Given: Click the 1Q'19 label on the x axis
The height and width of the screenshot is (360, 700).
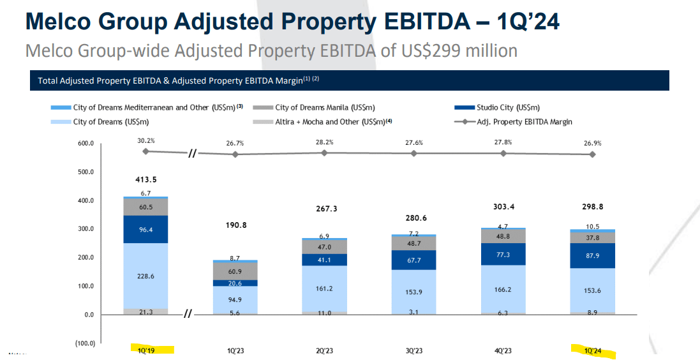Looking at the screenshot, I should [146, 350].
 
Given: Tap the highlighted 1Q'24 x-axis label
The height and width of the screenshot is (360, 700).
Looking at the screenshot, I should [592, 350].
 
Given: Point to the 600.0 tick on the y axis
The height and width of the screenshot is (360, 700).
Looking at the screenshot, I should [86, 144].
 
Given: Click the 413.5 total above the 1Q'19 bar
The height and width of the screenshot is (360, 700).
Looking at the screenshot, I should [146, 179].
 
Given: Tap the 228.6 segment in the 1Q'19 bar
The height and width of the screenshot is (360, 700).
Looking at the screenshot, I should [146, 276].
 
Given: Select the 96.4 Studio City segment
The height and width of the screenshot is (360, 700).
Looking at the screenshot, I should [146, 229].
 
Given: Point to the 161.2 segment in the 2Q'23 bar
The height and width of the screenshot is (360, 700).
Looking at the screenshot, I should [325, 288].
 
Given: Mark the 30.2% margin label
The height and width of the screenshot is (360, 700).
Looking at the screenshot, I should [146, 141].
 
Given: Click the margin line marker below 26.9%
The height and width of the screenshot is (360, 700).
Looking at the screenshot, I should [593, 154].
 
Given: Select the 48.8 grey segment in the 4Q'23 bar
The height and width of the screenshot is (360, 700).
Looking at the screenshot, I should [503, 236].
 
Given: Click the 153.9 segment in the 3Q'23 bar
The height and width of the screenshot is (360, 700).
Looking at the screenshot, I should [414, 292].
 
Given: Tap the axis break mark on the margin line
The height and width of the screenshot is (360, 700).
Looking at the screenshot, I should [191, 153].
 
